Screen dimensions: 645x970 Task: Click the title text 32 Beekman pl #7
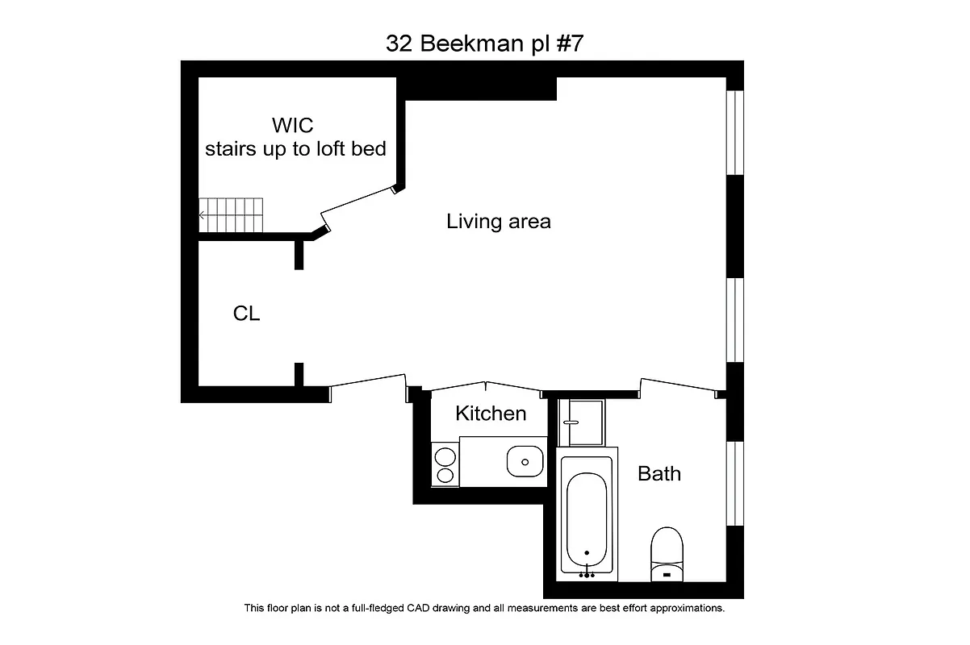[x=484, y=44]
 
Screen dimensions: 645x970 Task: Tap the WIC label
[x=292, y=126]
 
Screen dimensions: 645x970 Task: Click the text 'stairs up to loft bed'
[x=295, y=149]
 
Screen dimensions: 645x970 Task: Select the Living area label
[x=499, y=222]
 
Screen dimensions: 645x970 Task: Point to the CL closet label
[x=246, y=314]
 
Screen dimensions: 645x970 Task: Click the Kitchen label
[x=491, y=414]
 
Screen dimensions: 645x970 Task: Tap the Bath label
[x=659, y=473]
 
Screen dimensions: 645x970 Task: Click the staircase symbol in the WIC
[x=232, y=215]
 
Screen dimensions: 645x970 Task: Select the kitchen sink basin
[x=525, y=462]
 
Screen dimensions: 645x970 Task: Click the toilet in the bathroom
[x=667, y=551]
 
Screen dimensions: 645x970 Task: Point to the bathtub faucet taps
[x=587, y=574]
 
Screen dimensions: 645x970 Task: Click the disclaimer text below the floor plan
[x=484, y=608]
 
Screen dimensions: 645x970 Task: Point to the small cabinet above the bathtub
[x=583, y=422]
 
